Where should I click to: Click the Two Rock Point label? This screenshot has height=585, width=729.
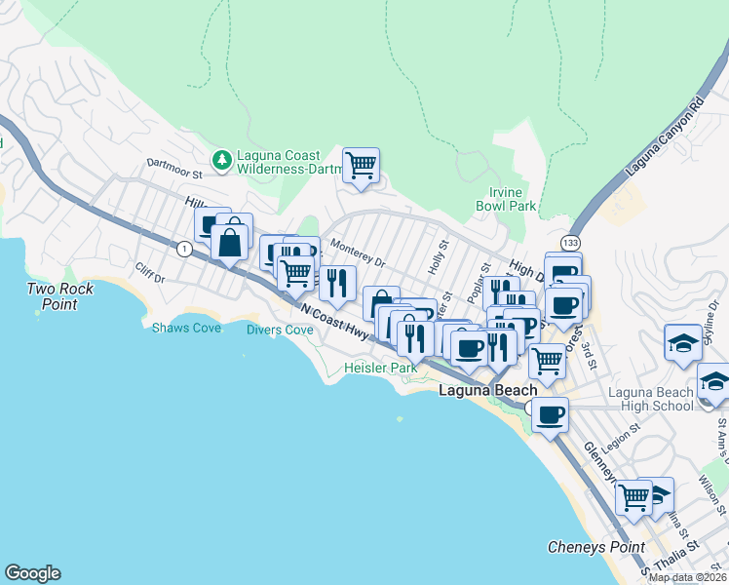(x=60, y=296)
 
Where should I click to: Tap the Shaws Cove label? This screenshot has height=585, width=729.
(x=186, y=328)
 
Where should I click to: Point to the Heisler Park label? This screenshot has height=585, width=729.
(x=380, y=368)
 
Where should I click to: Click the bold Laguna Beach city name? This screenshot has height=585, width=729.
(x=487, y=391)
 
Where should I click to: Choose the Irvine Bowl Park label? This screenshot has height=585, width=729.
(x=506, y=200)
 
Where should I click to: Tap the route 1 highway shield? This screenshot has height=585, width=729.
(x=183, y=249)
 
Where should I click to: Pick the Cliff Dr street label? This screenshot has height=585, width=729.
(x=151, y=275)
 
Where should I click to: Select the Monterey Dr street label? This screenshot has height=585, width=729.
(x=358, y=253)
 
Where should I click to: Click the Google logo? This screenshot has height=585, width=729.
(x=32, y=573)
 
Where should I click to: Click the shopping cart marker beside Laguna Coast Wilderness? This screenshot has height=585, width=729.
(x=361, y=165)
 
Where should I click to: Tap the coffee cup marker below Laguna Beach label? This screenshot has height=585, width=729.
(x=550, y=414)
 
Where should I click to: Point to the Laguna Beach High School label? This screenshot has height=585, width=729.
(x=650, y=400)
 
